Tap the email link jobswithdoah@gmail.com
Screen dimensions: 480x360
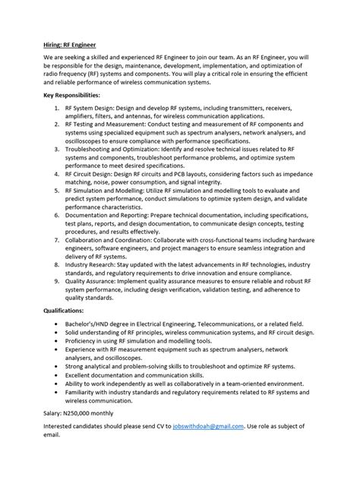tap(210, 428)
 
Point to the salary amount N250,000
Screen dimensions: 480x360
tap(84, 412)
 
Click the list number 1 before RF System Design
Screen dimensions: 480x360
tap(58, 110)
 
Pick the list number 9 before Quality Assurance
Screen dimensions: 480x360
tap(58, 281)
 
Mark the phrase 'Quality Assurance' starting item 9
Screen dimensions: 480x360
tap(90, 281)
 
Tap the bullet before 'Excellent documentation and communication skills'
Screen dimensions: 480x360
tap(58, 376)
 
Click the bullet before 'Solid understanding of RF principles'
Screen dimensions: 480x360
tap(58, 333)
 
